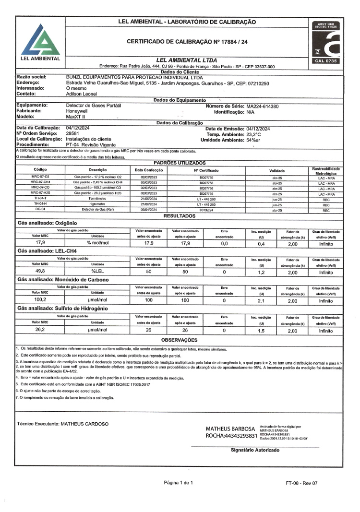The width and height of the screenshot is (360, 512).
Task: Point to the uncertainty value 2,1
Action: (x=262, y=300)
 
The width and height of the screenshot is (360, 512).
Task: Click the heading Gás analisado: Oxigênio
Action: (x=47, y=223)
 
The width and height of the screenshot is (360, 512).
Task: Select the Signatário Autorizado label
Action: (x=255, y=451)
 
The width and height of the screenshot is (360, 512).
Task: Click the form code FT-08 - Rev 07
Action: (x=301, y=483)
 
